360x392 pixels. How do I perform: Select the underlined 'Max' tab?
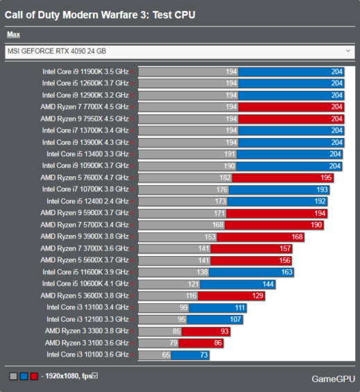(x=13, y=35)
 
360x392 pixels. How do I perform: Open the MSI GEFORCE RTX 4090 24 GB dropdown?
(x=179, y=51)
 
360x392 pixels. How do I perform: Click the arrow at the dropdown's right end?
(x=348, y=51)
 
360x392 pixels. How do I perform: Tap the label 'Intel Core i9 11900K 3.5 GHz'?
(x=85, y=71)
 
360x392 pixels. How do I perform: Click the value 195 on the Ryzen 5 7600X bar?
(x=327, y=178)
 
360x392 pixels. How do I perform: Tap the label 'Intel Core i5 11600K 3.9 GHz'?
(x=85, y=272)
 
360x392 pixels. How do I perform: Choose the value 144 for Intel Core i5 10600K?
(x=268, y=284)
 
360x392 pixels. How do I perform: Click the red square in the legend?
(x=34, y=376)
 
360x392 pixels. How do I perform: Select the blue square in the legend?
(x=24, y=376)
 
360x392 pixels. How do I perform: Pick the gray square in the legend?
(x=14, y=376)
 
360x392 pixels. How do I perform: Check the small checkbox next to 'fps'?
(x=95, y=376)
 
